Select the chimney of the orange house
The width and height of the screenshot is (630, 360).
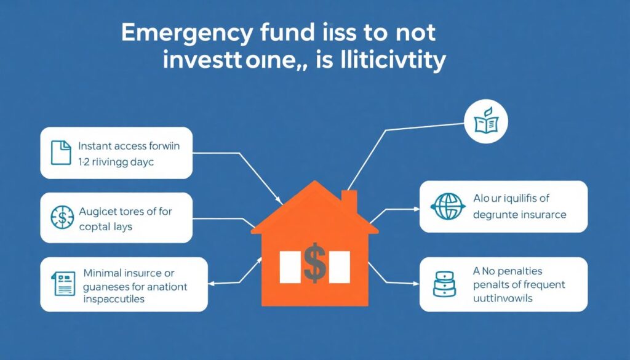click(x=349, y=201)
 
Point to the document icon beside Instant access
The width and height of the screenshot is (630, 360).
click(x=60, y=153)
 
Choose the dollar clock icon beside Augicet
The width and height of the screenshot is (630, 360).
click(x=60, y=218)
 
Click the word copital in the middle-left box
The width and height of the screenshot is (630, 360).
click(x=97, y=226)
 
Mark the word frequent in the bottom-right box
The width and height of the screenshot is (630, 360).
click(x=541, y=285)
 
